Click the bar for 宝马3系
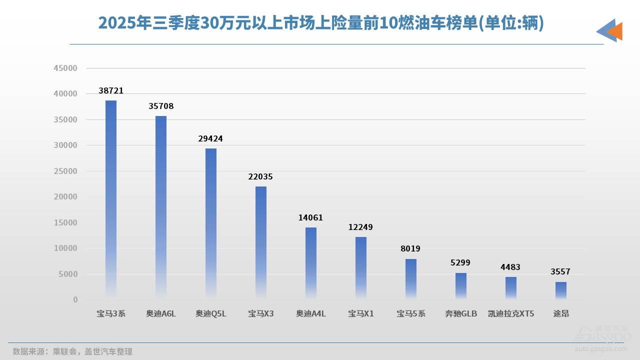[111, 200]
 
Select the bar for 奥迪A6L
[161, 207]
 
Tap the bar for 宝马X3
[261, 243]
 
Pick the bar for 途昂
[561, 290]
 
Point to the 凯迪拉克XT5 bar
[511, 288]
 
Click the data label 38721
[111, 91]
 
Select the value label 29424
[211, 138]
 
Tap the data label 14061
[311, 217]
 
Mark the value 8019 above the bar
[411, 248]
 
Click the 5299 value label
[461, 262]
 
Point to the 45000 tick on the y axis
[65, 68]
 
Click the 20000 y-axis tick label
[65, 197]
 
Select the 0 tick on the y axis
[75, 300]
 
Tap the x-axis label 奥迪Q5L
[211, 314]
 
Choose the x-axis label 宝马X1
[361, 314]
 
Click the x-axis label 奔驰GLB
[461, 314]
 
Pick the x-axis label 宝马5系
[411, 314]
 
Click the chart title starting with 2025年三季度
[320, 23]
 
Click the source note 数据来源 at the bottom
[72, 351]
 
